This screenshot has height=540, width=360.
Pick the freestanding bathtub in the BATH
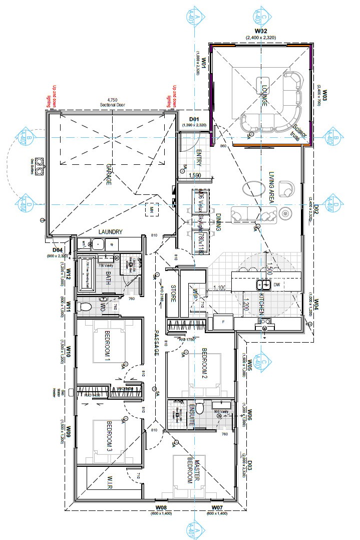point(87,274)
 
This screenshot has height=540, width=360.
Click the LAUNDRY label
point(111,231)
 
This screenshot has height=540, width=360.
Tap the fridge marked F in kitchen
point(223,322)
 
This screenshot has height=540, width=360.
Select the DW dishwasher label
point(277,285)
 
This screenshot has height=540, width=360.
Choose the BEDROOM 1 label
point(107,346)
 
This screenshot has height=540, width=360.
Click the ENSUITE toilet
point(199,409)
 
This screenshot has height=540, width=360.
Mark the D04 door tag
point(58,249)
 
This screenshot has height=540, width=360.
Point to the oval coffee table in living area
point(254,189)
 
